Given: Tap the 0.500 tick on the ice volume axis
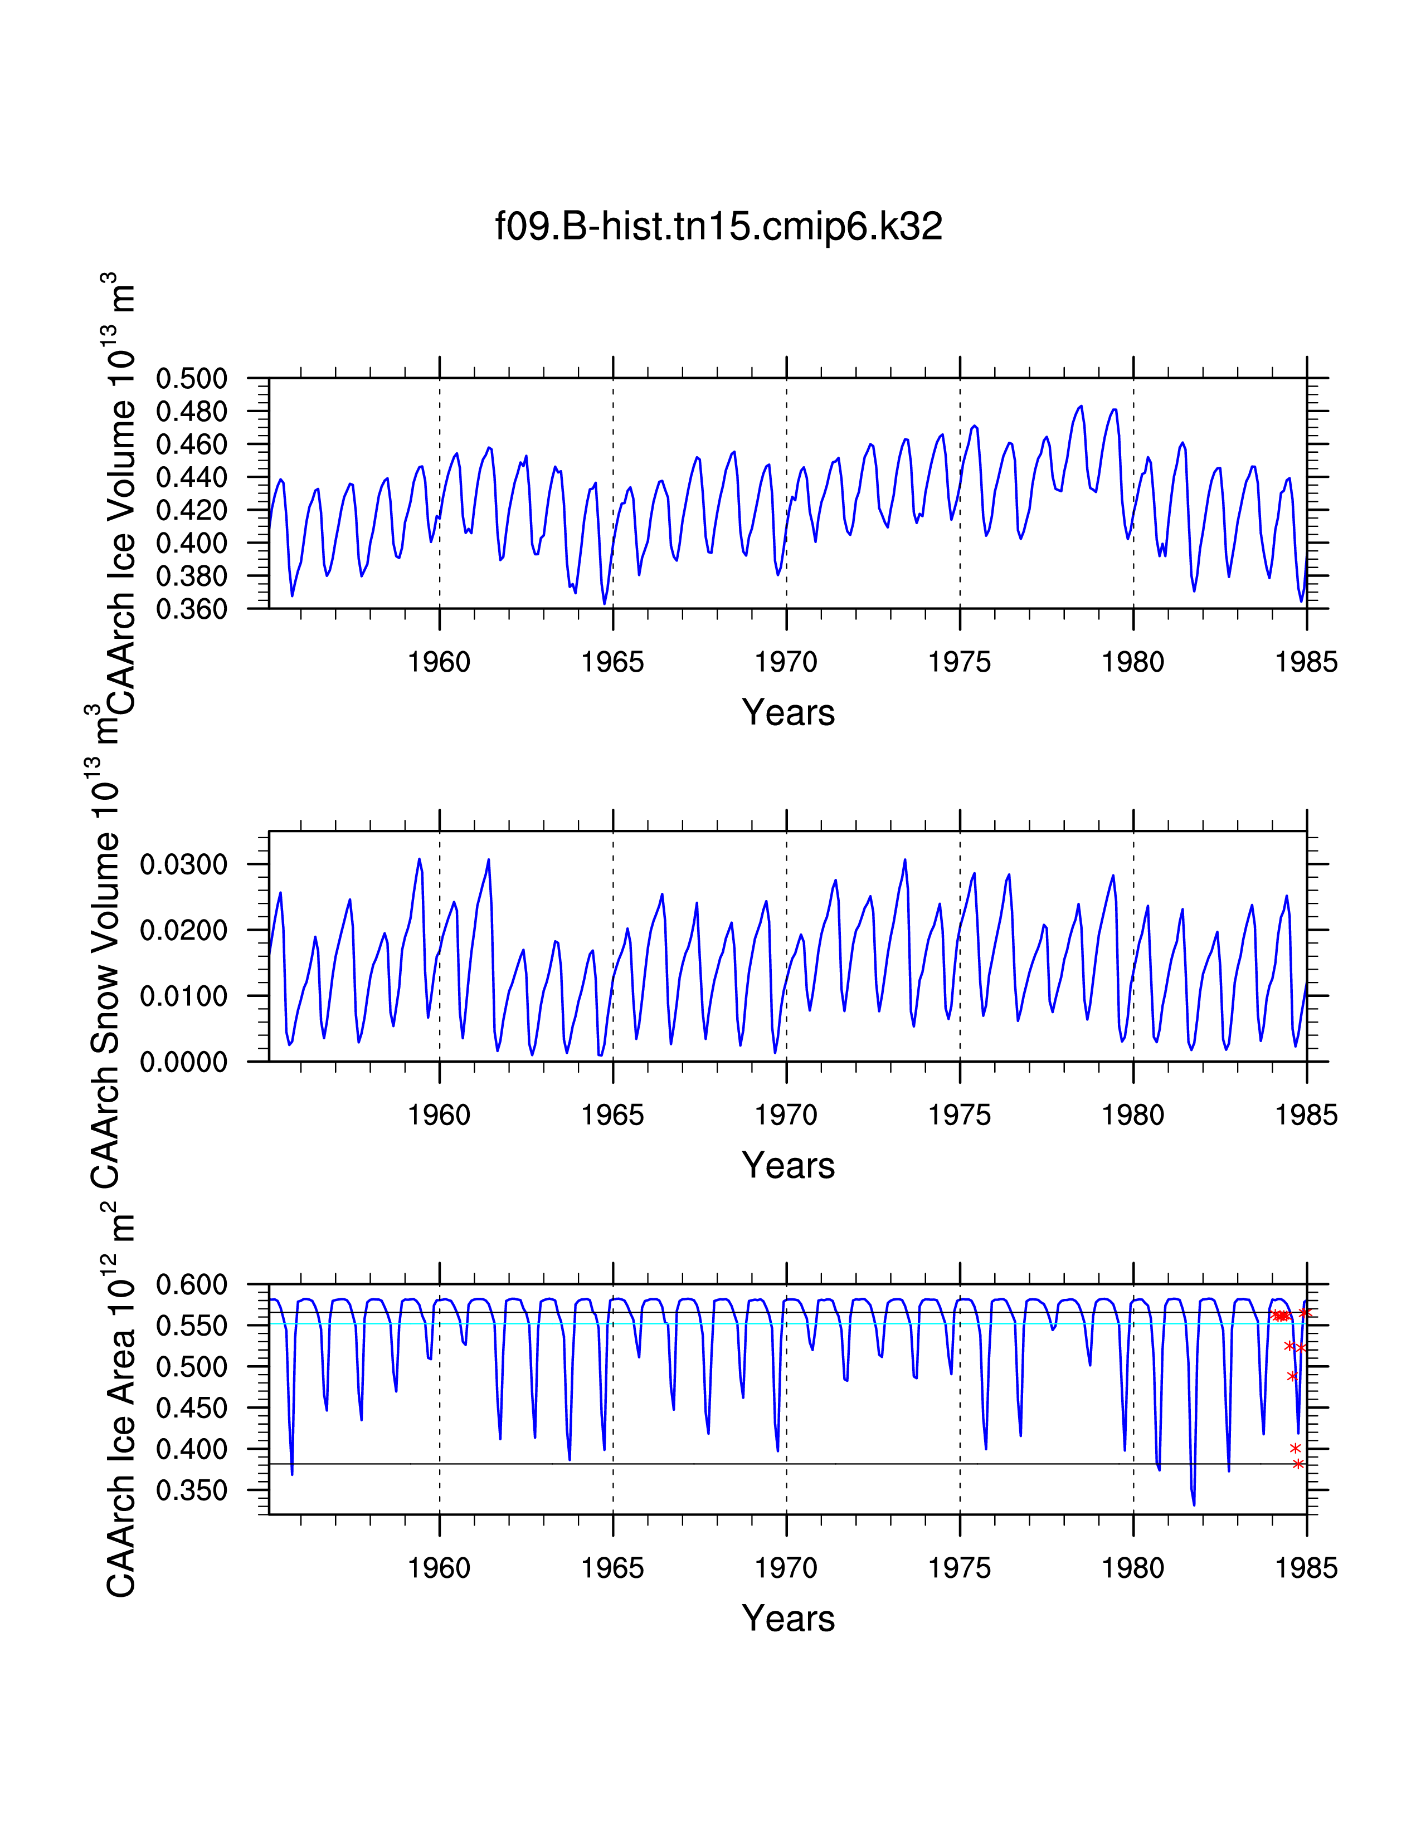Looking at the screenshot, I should pyautogui.click(x=191, y=379).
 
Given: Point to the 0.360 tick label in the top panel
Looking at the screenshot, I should pyautogui.click(x=191, y=609).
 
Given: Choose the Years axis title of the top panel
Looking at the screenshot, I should pyautogui.click(x=788, y=713).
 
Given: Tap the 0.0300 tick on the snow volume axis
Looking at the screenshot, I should pyautogui.click(x=183, y=864).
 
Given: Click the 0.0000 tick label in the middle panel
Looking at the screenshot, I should pyautogui.click(x=183, y=1062).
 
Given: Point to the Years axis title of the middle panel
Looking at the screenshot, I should pyautogui.click(x=788, y=1166).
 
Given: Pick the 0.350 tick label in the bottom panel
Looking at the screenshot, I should pyautogui.click(x=191, y=1490).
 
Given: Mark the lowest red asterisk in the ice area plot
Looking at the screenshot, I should pyautogui.click(x=1298, y=1464).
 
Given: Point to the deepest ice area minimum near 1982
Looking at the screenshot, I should pyautogui.click(x=1194, y=1505).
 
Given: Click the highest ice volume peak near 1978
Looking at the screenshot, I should pyautogui.click(x=1081, y=407).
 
